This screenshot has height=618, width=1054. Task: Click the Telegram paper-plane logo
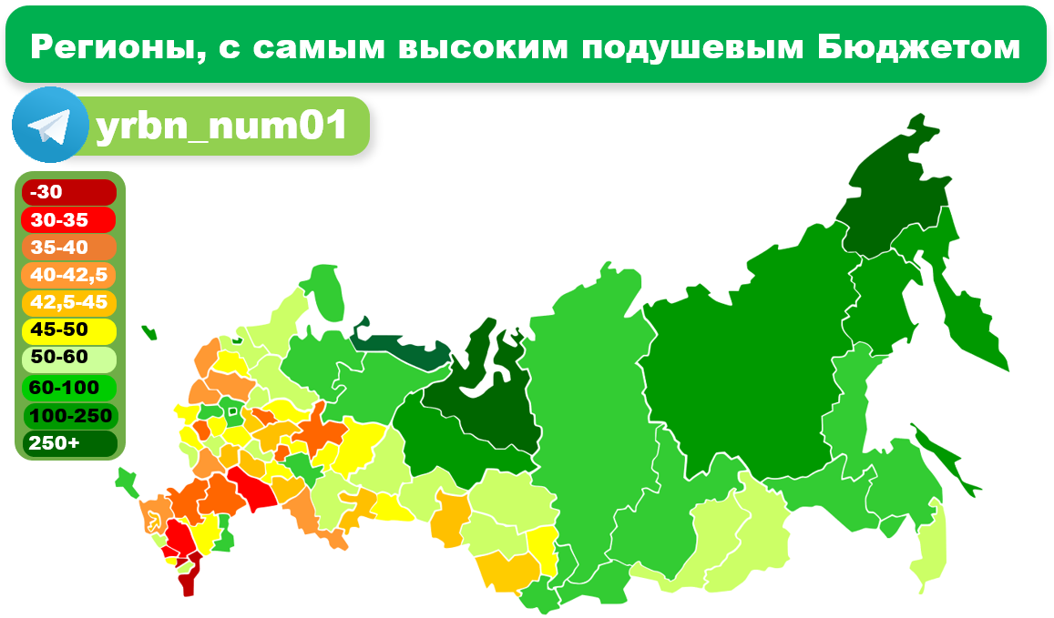(50, 125)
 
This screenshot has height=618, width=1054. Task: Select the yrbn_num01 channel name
(221, 127)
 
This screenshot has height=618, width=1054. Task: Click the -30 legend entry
(70, 192)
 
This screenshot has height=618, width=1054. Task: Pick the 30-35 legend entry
(70, 220)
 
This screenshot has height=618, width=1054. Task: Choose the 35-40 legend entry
(70, 248)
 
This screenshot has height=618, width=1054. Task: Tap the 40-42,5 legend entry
(70, 275)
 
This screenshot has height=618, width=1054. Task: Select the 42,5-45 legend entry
(70, 302)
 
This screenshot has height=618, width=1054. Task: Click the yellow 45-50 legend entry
(70, 329)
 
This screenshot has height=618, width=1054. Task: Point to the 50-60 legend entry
(70, 358)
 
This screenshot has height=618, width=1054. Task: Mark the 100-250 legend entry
(70, 416)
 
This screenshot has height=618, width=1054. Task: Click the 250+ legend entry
(70, 443)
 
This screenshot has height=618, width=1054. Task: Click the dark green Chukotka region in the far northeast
(888, 196)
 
